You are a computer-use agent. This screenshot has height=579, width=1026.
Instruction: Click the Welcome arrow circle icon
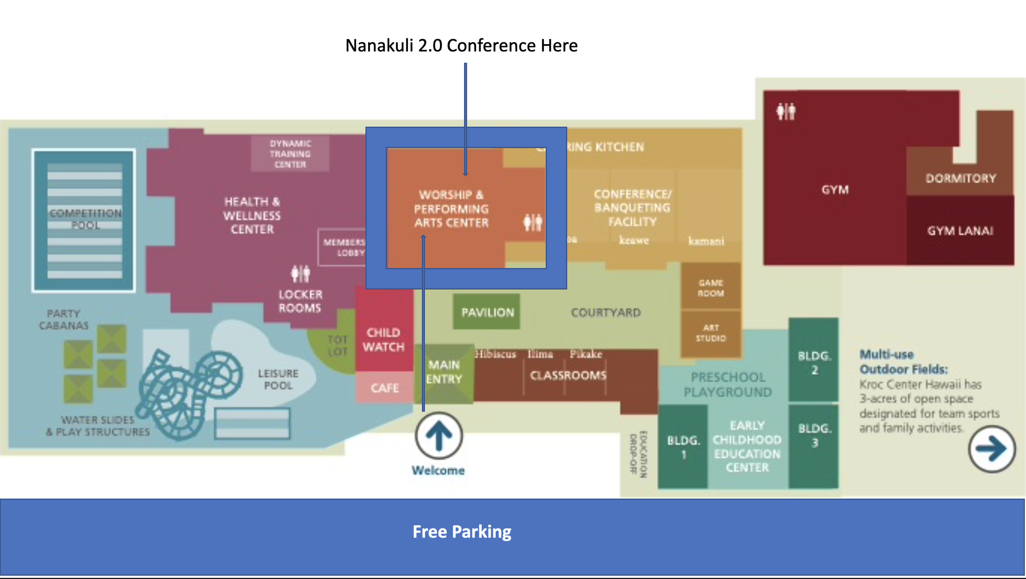[x=439, y=435]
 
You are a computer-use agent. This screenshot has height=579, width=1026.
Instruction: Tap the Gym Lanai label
[x=960, y=231]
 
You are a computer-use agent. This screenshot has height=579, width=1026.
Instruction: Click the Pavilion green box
[x=487, y=312]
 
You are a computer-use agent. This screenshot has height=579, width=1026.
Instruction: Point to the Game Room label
[x=711, y=288]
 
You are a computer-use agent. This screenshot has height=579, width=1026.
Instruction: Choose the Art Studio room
[x=711, y=333]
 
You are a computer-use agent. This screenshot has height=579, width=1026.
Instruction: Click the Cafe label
[x=385, y=388]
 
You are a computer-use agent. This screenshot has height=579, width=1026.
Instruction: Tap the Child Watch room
[x=384, y=340]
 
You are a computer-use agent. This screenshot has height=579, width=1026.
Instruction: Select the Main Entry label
[x=444, y=372]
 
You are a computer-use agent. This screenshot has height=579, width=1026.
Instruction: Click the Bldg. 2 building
[x=814, y=362]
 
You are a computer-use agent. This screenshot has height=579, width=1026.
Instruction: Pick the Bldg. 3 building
[x=814, y=436]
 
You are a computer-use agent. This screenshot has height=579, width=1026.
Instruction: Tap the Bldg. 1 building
[x=683, y=447]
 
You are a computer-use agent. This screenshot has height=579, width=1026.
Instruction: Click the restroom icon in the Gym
[x=786, y=111]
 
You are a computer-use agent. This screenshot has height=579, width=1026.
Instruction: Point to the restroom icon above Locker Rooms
[x=300, y=274]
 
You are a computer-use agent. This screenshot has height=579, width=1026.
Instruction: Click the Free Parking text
[x=462, y=532]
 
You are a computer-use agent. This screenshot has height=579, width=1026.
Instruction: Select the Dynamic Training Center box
[x=290, y=154]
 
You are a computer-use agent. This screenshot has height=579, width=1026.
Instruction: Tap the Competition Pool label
[x=85, y=219]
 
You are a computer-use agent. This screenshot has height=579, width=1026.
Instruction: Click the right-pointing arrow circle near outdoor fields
[x=992, y=449]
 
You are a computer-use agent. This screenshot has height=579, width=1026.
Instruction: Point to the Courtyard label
[x=606, y=313]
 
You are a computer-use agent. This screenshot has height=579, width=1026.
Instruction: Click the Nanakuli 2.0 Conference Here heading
[x=461, y=46]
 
